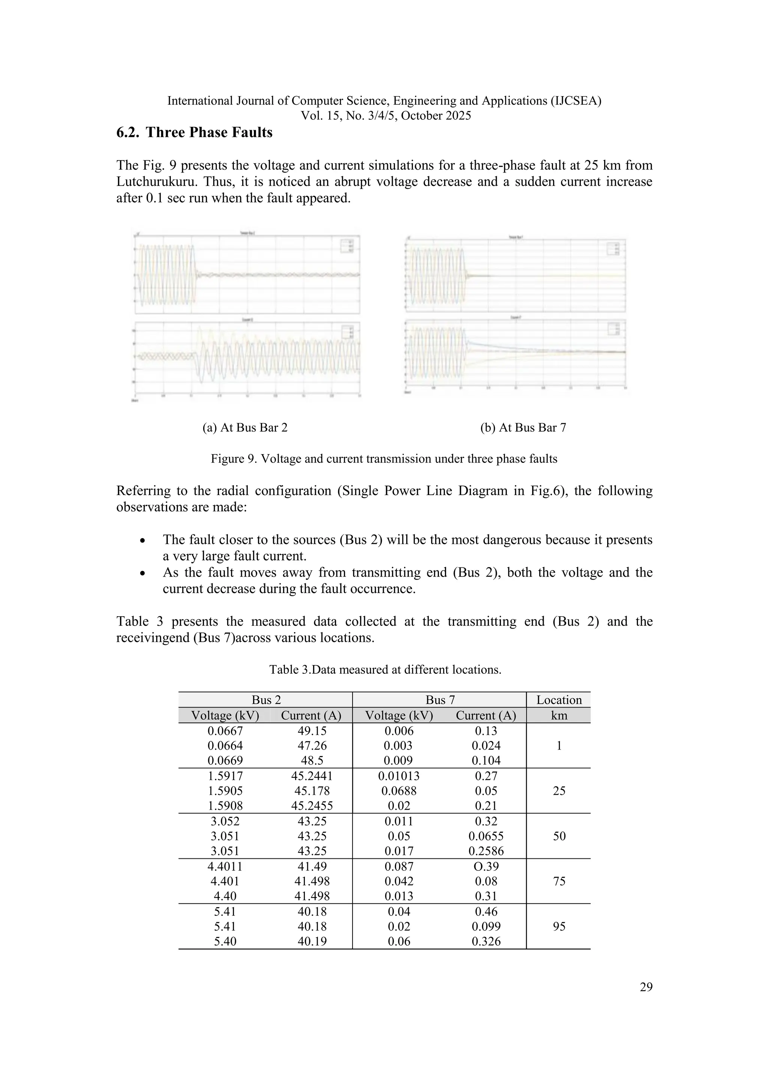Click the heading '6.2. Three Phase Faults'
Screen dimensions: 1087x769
coord(194,132)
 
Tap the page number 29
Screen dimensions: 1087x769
coord(646,987)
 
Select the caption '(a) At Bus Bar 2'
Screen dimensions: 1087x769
coord(245,428)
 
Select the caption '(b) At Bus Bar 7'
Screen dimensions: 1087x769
coord(523,428)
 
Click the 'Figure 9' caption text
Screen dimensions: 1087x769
coord(384,459)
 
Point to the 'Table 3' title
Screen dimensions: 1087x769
coord(385,670)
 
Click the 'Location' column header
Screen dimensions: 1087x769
coord(559,700)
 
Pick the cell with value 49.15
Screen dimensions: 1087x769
coord(312,730)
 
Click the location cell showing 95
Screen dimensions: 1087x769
coord(559,926)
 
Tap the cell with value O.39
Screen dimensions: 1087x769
coord(486,866)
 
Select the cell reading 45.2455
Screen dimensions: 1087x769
coord(312,805)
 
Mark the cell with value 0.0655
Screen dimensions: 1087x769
coord(486,836)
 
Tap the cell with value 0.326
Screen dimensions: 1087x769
coord(486,941)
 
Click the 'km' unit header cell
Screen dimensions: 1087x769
coord(559,715)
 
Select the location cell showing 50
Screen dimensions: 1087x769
coord(559,836)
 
